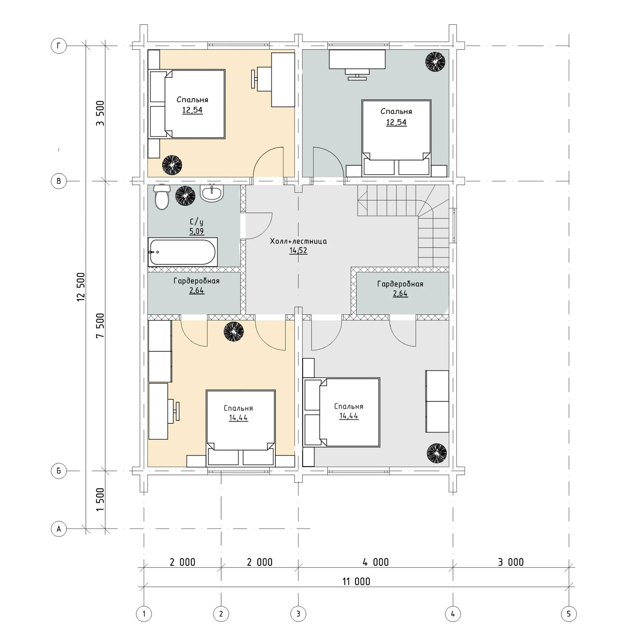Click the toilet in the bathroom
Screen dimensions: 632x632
pyautogui.click(x=162, y=197)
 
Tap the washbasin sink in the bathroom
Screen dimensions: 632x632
pyautogui.click(x=212, y=193)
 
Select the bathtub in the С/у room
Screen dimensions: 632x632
pyautogui.click(x=183, y=252)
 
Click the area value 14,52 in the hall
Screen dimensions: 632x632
pyautogui.click(x=298, y=250)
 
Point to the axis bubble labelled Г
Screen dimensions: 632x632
pyautogui.click(x=59, y=46)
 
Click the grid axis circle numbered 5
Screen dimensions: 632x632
pyautogui.click(x=568, y=614)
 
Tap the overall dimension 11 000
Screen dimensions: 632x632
pyautogui.click(x=356, y=582)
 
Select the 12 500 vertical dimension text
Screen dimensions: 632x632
pyautogui.click(x=81, y=287)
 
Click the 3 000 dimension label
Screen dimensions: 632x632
pyautogui.click(x=511, y=562)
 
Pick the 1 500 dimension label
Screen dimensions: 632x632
pyautogui.click(x=100, y=499)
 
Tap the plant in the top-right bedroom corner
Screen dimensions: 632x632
pyautogui.click(x=435, y=62)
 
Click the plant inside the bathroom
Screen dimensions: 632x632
pyautogui.click(x=185, y=196)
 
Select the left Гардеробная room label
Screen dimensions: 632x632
pyautogui.click(x=197, y=281)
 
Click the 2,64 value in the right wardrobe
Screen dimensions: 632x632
pyautogui.click(x=400, y=294)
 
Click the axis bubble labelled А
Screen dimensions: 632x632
pyautogui.click(x=59, y=529)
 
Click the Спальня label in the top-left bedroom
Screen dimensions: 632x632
pyautogui.click(x=192, y=99)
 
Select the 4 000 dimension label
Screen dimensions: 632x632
pyautogui.click(x=376, y=562)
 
